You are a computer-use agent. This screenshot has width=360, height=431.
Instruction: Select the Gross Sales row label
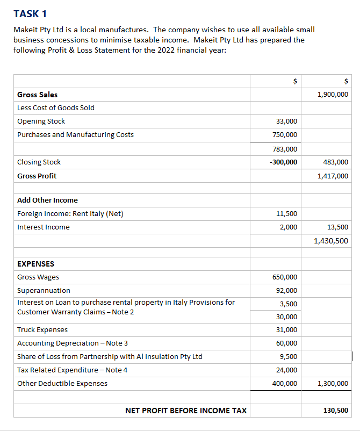[x=37, y=95]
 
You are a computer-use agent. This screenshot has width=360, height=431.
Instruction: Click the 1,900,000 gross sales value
[x=333, y=95]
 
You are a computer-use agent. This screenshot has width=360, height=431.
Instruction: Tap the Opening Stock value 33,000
[x=286, y=121]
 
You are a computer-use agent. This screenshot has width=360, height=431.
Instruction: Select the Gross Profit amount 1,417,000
[x=333, y=176]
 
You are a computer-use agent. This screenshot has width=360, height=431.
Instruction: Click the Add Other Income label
[x=47, y=200]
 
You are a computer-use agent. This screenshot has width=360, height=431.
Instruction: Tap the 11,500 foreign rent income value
[x=286, y=214]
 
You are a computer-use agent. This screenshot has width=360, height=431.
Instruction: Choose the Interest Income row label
[x=43, y=227]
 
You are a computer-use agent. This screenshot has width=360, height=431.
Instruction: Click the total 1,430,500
[x=331, y=241]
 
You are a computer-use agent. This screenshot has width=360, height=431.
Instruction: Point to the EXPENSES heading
[x=35, y=264]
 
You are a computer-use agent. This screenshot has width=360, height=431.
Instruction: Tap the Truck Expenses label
[x=42, y=329]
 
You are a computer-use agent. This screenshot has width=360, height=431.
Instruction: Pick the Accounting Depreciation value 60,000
[x=286, y=343]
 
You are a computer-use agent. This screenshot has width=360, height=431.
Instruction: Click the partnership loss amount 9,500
[x=289, y=357]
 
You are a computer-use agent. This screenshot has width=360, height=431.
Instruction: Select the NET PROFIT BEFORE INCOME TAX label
[x=186, y=411]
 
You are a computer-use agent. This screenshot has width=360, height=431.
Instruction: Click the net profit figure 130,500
[x=335, y=411]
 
